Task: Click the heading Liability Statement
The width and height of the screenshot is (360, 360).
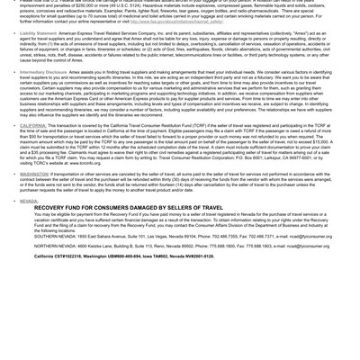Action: pos(38,33)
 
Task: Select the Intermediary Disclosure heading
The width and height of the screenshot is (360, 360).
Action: pos(43,72)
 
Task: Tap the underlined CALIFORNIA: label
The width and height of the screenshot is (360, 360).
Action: pos(33,125)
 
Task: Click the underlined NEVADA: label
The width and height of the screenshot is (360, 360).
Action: pos(30,201)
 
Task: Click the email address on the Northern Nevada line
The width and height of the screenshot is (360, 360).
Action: pos(307,246)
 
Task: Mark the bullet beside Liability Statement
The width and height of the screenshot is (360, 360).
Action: pos(15,33)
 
